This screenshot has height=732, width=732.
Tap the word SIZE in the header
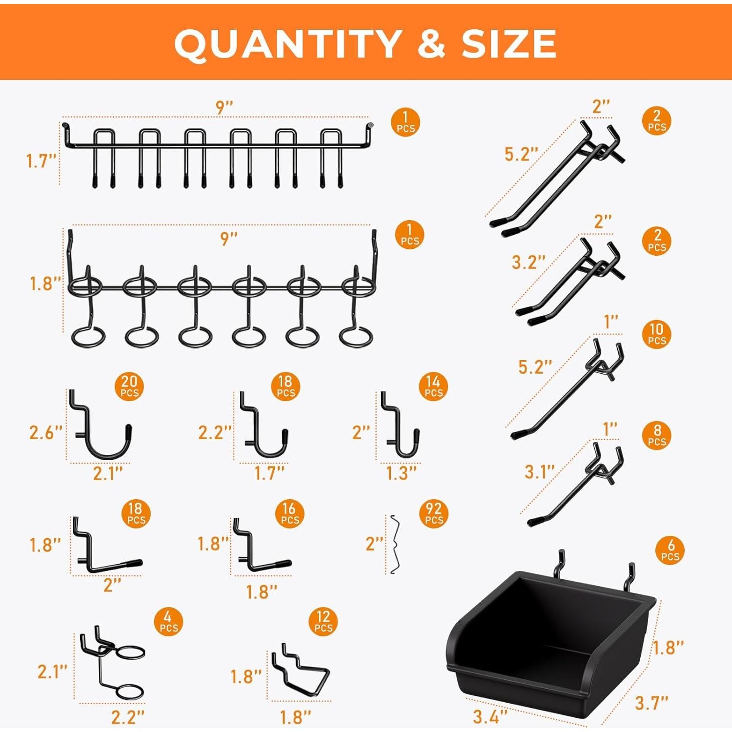tap(509, 44)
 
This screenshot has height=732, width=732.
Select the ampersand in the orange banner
tap(431, 44)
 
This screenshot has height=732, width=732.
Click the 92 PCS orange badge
tap(434, 514)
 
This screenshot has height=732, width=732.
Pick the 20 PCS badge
tap(129, 386)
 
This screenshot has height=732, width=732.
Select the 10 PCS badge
tap(657, 334)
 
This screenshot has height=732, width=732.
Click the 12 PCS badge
tap(323, 622)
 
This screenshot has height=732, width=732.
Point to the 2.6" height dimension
tap(45, 432)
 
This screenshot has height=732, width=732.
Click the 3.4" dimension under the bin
tap(490, 716)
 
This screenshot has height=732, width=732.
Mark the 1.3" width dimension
tap(401, 473)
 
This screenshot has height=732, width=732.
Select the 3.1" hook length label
tap(540, 471)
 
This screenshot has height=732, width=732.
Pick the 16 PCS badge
tap(289, 514)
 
